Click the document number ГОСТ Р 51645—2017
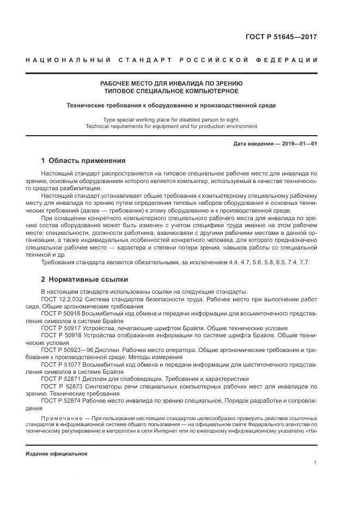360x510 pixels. point(282,38)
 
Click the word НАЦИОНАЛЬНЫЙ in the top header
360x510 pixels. point(58,59)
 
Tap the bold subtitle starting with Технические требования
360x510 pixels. point(171,105)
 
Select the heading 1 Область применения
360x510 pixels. point(83,161)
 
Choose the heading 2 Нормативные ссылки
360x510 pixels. point(84,278)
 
